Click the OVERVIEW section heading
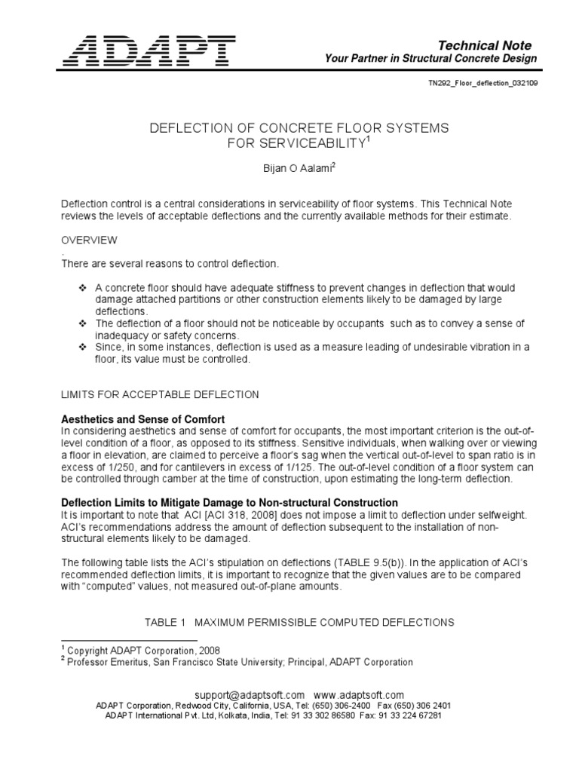[x=89, y=240]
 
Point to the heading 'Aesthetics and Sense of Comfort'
[x=143, y=418]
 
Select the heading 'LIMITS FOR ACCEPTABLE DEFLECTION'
[x=160, y=394]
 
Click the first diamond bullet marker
[x=83, y=287]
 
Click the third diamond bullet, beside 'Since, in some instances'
[x=83, y=347]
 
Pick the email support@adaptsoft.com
[x=250, y=694]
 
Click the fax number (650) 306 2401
[x=422, y=705]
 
